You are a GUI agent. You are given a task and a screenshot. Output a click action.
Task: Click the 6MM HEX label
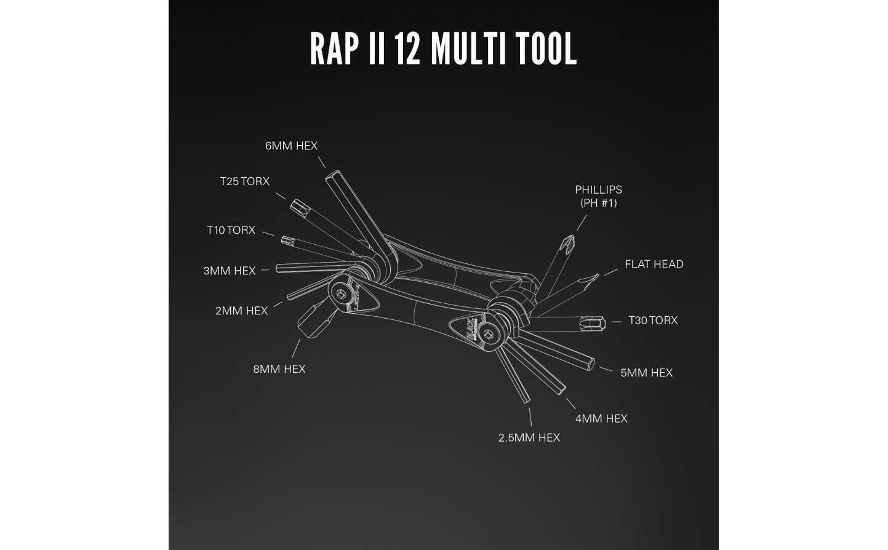point(291,146)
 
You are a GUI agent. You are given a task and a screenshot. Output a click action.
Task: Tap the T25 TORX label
point(244,181)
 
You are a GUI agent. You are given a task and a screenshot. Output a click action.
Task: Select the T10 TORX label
point(231,230)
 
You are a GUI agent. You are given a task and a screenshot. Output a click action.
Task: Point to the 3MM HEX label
point(230,271)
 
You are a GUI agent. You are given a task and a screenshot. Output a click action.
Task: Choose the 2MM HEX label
point(241,311)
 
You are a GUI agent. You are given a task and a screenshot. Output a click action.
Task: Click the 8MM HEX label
point(279,369)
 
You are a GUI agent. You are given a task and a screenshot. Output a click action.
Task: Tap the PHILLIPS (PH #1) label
point(599,196)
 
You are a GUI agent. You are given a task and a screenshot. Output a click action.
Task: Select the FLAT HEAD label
point(654,265)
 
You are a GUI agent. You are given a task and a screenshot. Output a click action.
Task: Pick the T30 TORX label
point(654,320)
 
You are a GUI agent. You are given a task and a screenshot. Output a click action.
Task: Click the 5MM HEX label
point(647,373)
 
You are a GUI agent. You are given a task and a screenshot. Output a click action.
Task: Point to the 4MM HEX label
point(601,419)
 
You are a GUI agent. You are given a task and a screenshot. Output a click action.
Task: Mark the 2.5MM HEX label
point(529,438)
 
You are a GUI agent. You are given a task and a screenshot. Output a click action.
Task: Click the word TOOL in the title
point(546,49)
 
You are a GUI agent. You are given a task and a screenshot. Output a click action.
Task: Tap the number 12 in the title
point(407,49)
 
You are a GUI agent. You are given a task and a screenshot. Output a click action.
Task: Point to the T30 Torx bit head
point(592,324)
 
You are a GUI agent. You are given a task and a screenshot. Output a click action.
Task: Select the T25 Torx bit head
point(299,208)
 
